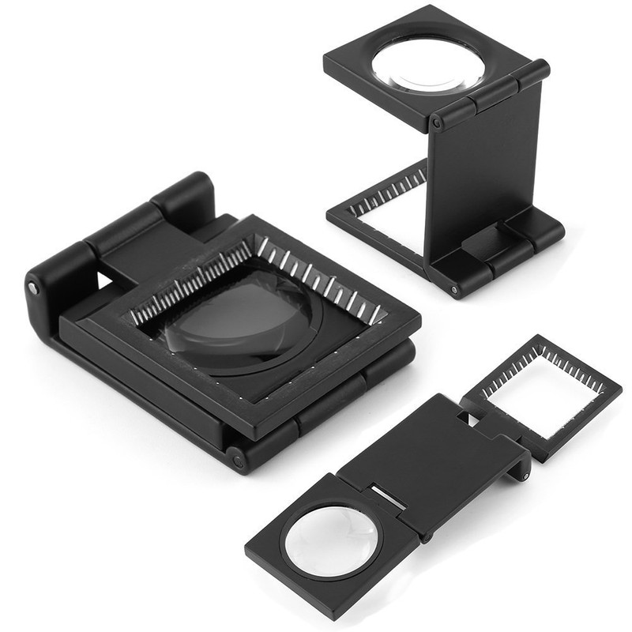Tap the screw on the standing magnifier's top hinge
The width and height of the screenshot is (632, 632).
click(x=436, y=124)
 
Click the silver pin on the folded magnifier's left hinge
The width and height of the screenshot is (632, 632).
click(x=34, y=289)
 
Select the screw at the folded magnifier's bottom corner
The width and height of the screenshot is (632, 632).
click(x=235, y=457)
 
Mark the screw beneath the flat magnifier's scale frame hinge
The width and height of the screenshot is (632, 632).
click(x=524, y=474)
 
